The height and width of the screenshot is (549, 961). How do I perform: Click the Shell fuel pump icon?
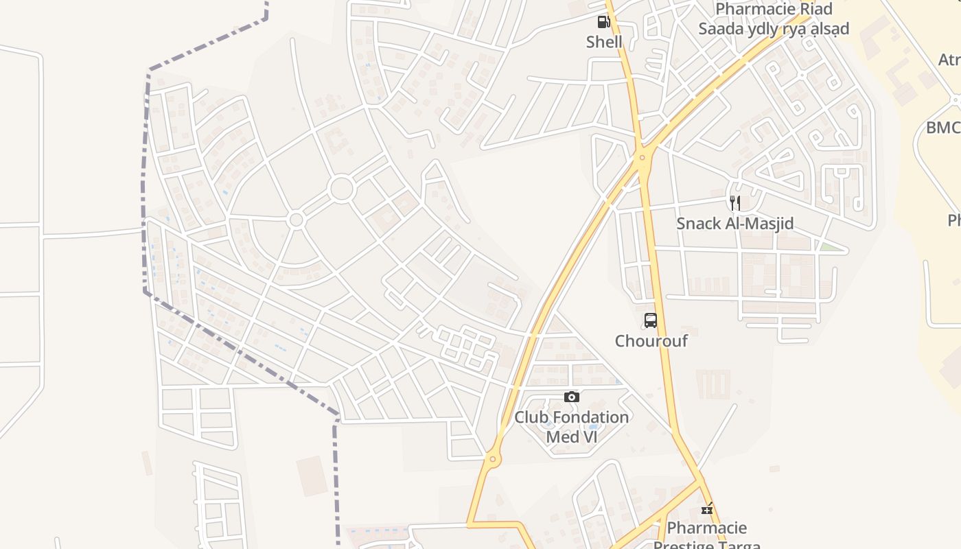[603, 22]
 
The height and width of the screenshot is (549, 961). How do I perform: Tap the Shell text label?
[604, 42]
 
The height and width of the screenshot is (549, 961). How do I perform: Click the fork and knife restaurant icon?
[734, 203]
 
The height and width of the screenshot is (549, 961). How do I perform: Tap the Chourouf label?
[651, 341]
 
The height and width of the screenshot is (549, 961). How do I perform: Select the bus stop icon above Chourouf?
[650, 320]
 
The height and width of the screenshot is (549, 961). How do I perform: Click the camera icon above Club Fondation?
[571, 397]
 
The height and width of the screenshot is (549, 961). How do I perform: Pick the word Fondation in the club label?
[590, 417]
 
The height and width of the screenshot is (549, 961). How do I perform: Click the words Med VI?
[571, 436]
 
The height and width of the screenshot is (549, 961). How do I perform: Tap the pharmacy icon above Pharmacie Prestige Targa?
[706, 509]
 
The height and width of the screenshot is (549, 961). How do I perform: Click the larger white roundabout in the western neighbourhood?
[341, 189]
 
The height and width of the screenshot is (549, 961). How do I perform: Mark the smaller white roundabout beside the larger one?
[296, 220]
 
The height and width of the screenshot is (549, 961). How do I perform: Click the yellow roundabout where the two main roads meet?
[642, 158]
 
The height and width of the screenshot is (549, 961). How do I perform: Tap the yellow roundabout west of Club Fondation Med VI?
[492, 458]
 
